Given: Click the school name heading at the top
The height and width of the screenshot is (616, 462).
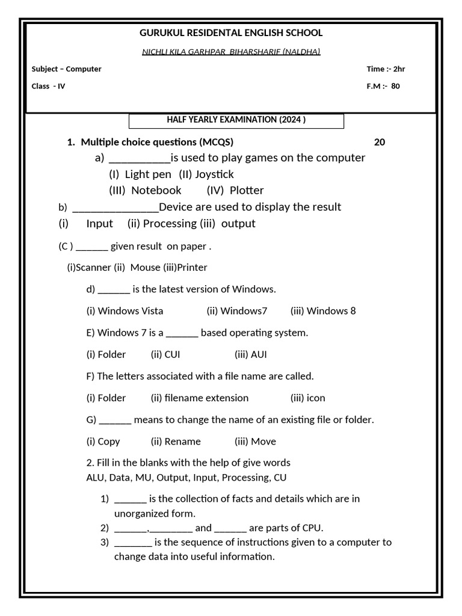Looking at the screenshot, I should (231, 33).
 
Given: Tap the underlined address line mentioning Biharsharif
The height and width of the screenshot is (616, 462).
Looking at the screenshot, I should (231, 52).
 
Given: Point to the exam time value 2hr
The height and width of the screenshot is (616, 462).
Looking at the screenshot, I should (399, 69).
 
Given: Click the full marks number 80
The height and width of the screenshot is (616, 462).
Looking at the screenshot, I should (395, 86).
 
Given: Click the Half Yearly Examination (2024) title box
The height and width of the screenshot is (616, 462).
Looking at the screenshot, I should (236, 120).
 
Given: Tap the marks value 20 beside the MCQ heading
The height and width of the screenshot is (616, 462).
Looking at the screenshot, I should (380, 143).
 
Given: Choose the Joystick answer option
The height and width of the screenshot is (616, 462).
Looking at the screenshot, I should (214, 174).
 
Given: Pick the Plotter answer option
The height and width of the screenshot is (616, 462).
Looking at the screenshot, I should (247, 191).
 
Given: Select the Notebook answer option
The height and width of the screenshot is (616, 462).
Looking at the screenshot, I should (156, 191).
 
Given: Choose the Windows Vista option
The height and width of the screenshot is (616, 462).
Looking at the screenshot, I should (130, 311).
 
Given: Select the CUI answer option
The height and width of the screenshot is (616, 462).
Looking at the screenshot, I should (172, 354).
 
